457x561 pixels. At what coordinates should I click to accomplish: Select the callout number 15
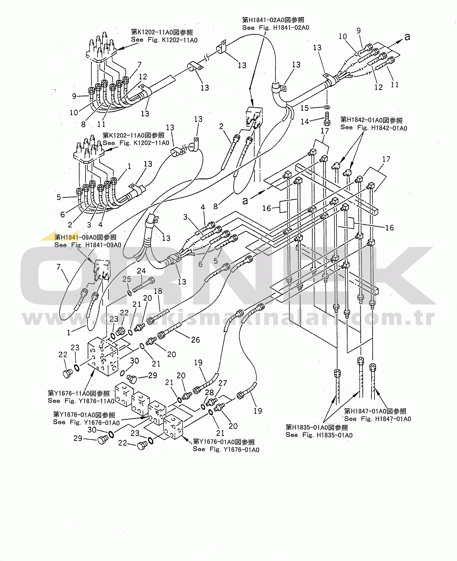click(305, 108)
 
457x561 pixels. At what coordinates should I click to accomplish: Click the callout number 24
click(141, 271)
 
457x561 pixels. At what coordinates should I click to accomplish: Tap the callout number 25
click(127, 279)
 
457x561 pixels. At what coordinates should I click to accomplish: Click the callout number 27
click(222, 383)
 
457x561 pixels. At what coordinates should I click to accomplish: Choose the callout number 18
click(158, 291)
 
